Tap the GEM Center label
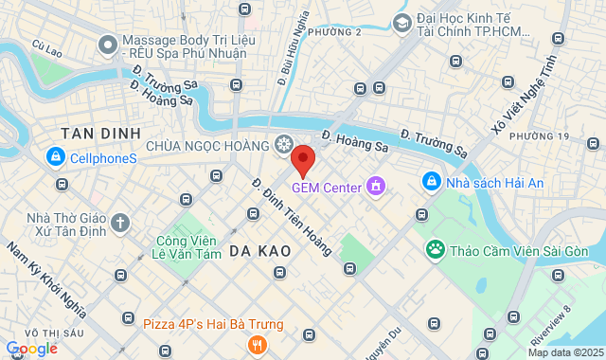[x=327, y=187]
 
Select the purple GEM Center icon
[x=376, y=186]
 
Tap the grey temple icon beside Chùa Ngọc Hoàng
[x=283, y=144]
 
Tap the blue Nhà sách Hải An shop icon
[x=431, y=180]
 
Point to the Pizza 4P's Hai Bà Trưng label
[x=212, y=324]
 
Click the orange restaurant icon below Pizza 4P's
[x=256, y=345]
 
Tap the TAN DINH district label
[x=99, y=133]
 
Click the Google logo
[x=31, y=349]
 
